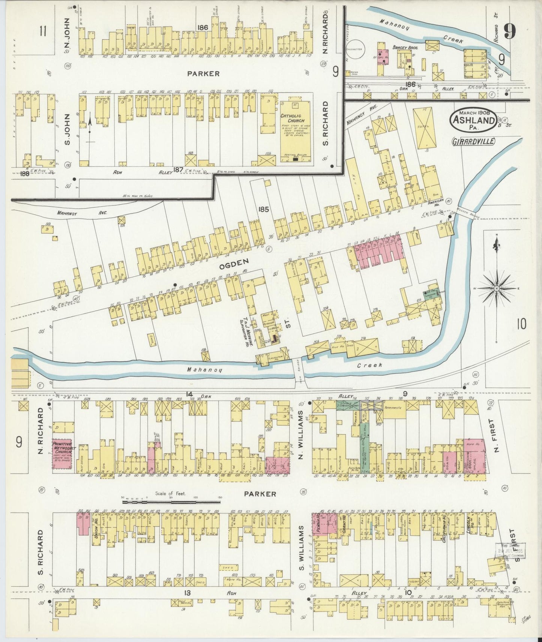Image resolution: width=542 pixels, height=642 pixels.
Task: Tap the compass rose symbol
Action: tap(496, 288)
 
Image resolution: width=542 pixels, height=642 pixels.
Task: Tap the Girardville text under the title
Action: tap(473, 141)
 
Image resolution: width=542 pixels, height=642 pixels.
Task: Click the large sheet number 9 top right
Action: tap(509, 31)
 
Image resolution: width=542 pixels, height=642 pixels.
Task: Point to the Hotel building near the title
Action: tap(425, 127)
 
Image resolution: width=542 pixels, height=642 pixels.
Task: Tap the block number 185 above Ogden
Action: tap(263, 209)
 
